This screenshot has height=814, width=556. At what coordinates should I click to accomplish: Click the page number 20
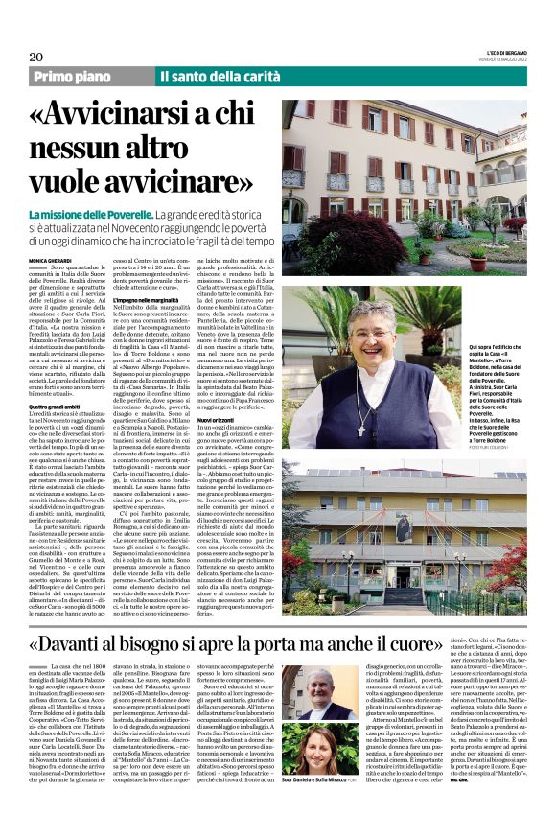pyautogui.click(x=35, y=57)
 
